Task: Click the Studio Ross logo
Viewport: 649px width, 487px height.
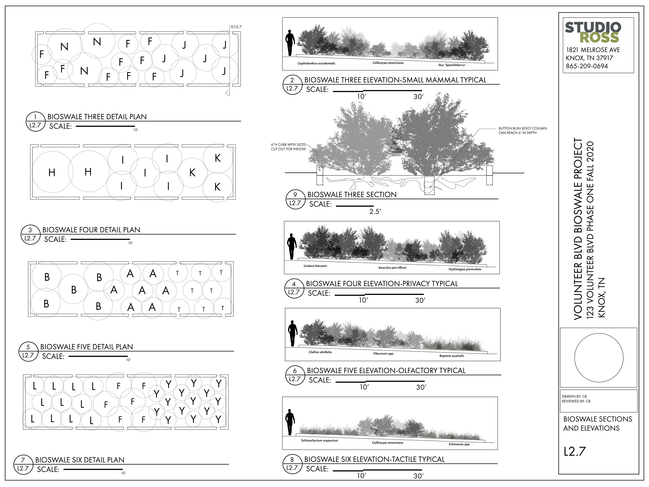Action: pyautogui.click(x=593, y=32)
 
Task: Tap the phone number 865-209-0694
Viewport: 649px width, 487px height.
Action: pyautogui.click(x=587, y=66)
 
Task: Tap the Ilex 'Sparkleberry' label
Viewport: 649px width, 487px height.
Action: pyautogui.click(x=452, y=65)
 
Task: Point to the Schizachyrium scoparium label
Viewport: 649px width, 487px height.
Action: pyautogui.click(x=319, y=440)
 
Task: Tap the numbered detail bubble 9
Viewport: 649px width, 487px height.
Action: pyautogui.click(x=295, y=199)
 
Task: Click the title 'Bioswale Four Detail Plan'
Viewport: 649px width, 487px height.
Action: pyautogui.click(x=91, y=230)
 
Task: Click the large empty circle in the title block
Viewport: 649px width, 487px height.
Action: pyautogui.click(x=598, y=357)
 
